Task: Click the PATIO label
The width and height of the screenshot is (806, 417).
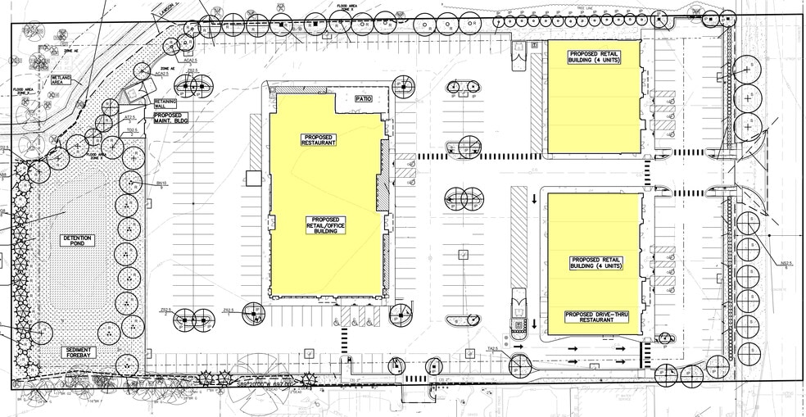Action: [x=364, y=99]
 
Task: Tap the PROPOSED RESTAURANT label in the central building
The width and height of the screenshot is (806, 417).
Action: [x=319, y=139]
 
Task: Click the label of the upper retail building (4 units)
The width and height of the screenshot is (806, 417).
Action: [x=595, y=57]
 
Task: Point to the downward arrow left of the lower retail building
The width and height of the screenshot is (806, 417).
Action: [x=533, y=197]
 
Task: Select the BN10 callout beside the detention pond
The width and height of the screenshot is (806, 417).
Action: [x=161, y=183]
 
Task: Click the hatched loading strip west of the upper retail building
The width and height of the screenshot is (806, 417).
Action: [x=537, y=106]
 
